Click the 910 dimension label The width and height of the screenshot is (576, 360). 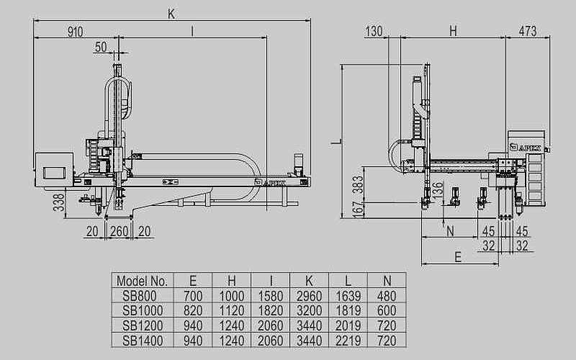point(76,32)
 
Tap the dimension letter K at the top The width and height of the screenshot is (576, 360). point(171,14)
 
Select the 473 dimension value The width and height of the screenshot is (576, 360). point(528,31)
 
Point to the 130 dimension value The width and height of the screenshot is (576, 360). point(374,31)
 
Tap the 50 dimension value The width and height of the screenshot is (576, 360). point(100,48)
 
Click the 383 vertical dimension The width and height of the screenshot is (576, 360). point(355,186)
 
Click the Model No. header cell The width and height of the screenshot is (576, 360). point(142,281)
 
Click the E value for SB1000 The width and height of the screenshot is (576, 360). point(193,310)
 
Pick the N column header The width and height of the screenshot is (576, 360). point(387,281)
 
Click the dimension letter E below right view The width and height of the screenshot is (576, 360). point(457,256)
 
